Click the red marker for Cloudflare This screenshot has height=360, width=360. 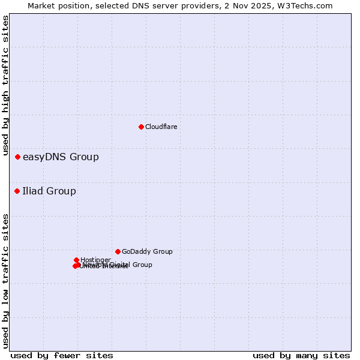[x=141, y=127]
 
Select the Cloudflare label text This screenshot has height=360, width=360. [x=161, y=127]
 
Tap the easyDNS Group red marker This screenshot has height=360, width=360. [x=18, y=157]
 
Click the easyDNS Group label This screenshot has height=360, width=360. [x=61, y=157]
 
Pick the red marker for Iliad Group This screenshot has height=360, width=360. [x=17, y=191]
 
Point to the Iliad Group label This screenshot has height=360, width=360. [x=49, y=191]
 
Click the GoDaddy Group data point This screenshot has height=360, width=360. [x=118, y=251]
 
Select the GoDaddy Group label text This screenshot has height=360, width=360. [x=147, y=252]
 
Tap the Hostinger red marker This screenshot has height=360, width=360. [x=77, y=260]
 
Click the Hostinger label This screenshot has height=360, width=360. [x=95, y=260]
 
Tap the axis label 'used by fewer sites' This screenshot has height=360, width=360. [x=62, y=355]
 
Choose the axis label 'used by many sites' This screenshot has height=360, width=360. [x=301, y=355]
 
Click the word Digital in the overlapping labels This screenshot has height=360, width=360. [x=115, y=265]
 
